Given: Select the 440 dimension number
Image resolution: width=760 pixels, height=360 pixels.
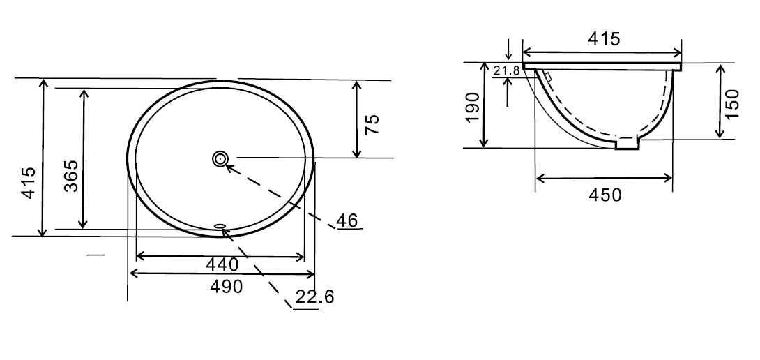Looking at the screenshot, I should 222,264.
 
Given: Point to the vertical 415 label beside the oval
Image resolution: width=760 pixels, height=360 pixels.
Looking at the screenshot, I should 29,182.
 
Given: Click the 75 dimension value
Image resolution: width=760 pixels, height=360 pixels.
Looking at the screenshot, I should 372,125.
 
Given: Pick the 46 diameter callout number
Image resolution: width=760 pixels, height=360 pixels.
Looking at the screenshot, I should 347,221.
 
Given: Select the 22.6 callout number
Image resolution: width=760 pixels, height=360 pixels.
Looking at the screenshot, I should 314,298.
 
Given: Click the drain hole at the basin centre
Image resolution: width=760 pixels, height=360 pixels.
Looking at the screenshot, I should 220,159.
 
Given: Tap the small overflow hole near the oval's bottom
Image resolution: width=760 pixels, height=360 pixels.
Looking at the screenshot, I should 220,225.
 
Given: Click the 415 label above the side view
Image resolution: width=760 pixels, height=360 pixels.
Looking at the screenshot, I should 602,39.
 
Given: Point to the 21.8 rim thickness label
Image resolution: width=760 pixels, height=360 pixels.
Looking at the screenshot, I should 506,70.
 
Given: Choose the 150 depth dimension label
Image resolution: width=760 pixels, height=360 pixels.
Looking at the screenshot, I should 731,103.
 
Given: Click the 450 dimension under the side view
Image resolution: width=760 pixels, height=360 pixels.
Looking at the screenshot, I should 605,195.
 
